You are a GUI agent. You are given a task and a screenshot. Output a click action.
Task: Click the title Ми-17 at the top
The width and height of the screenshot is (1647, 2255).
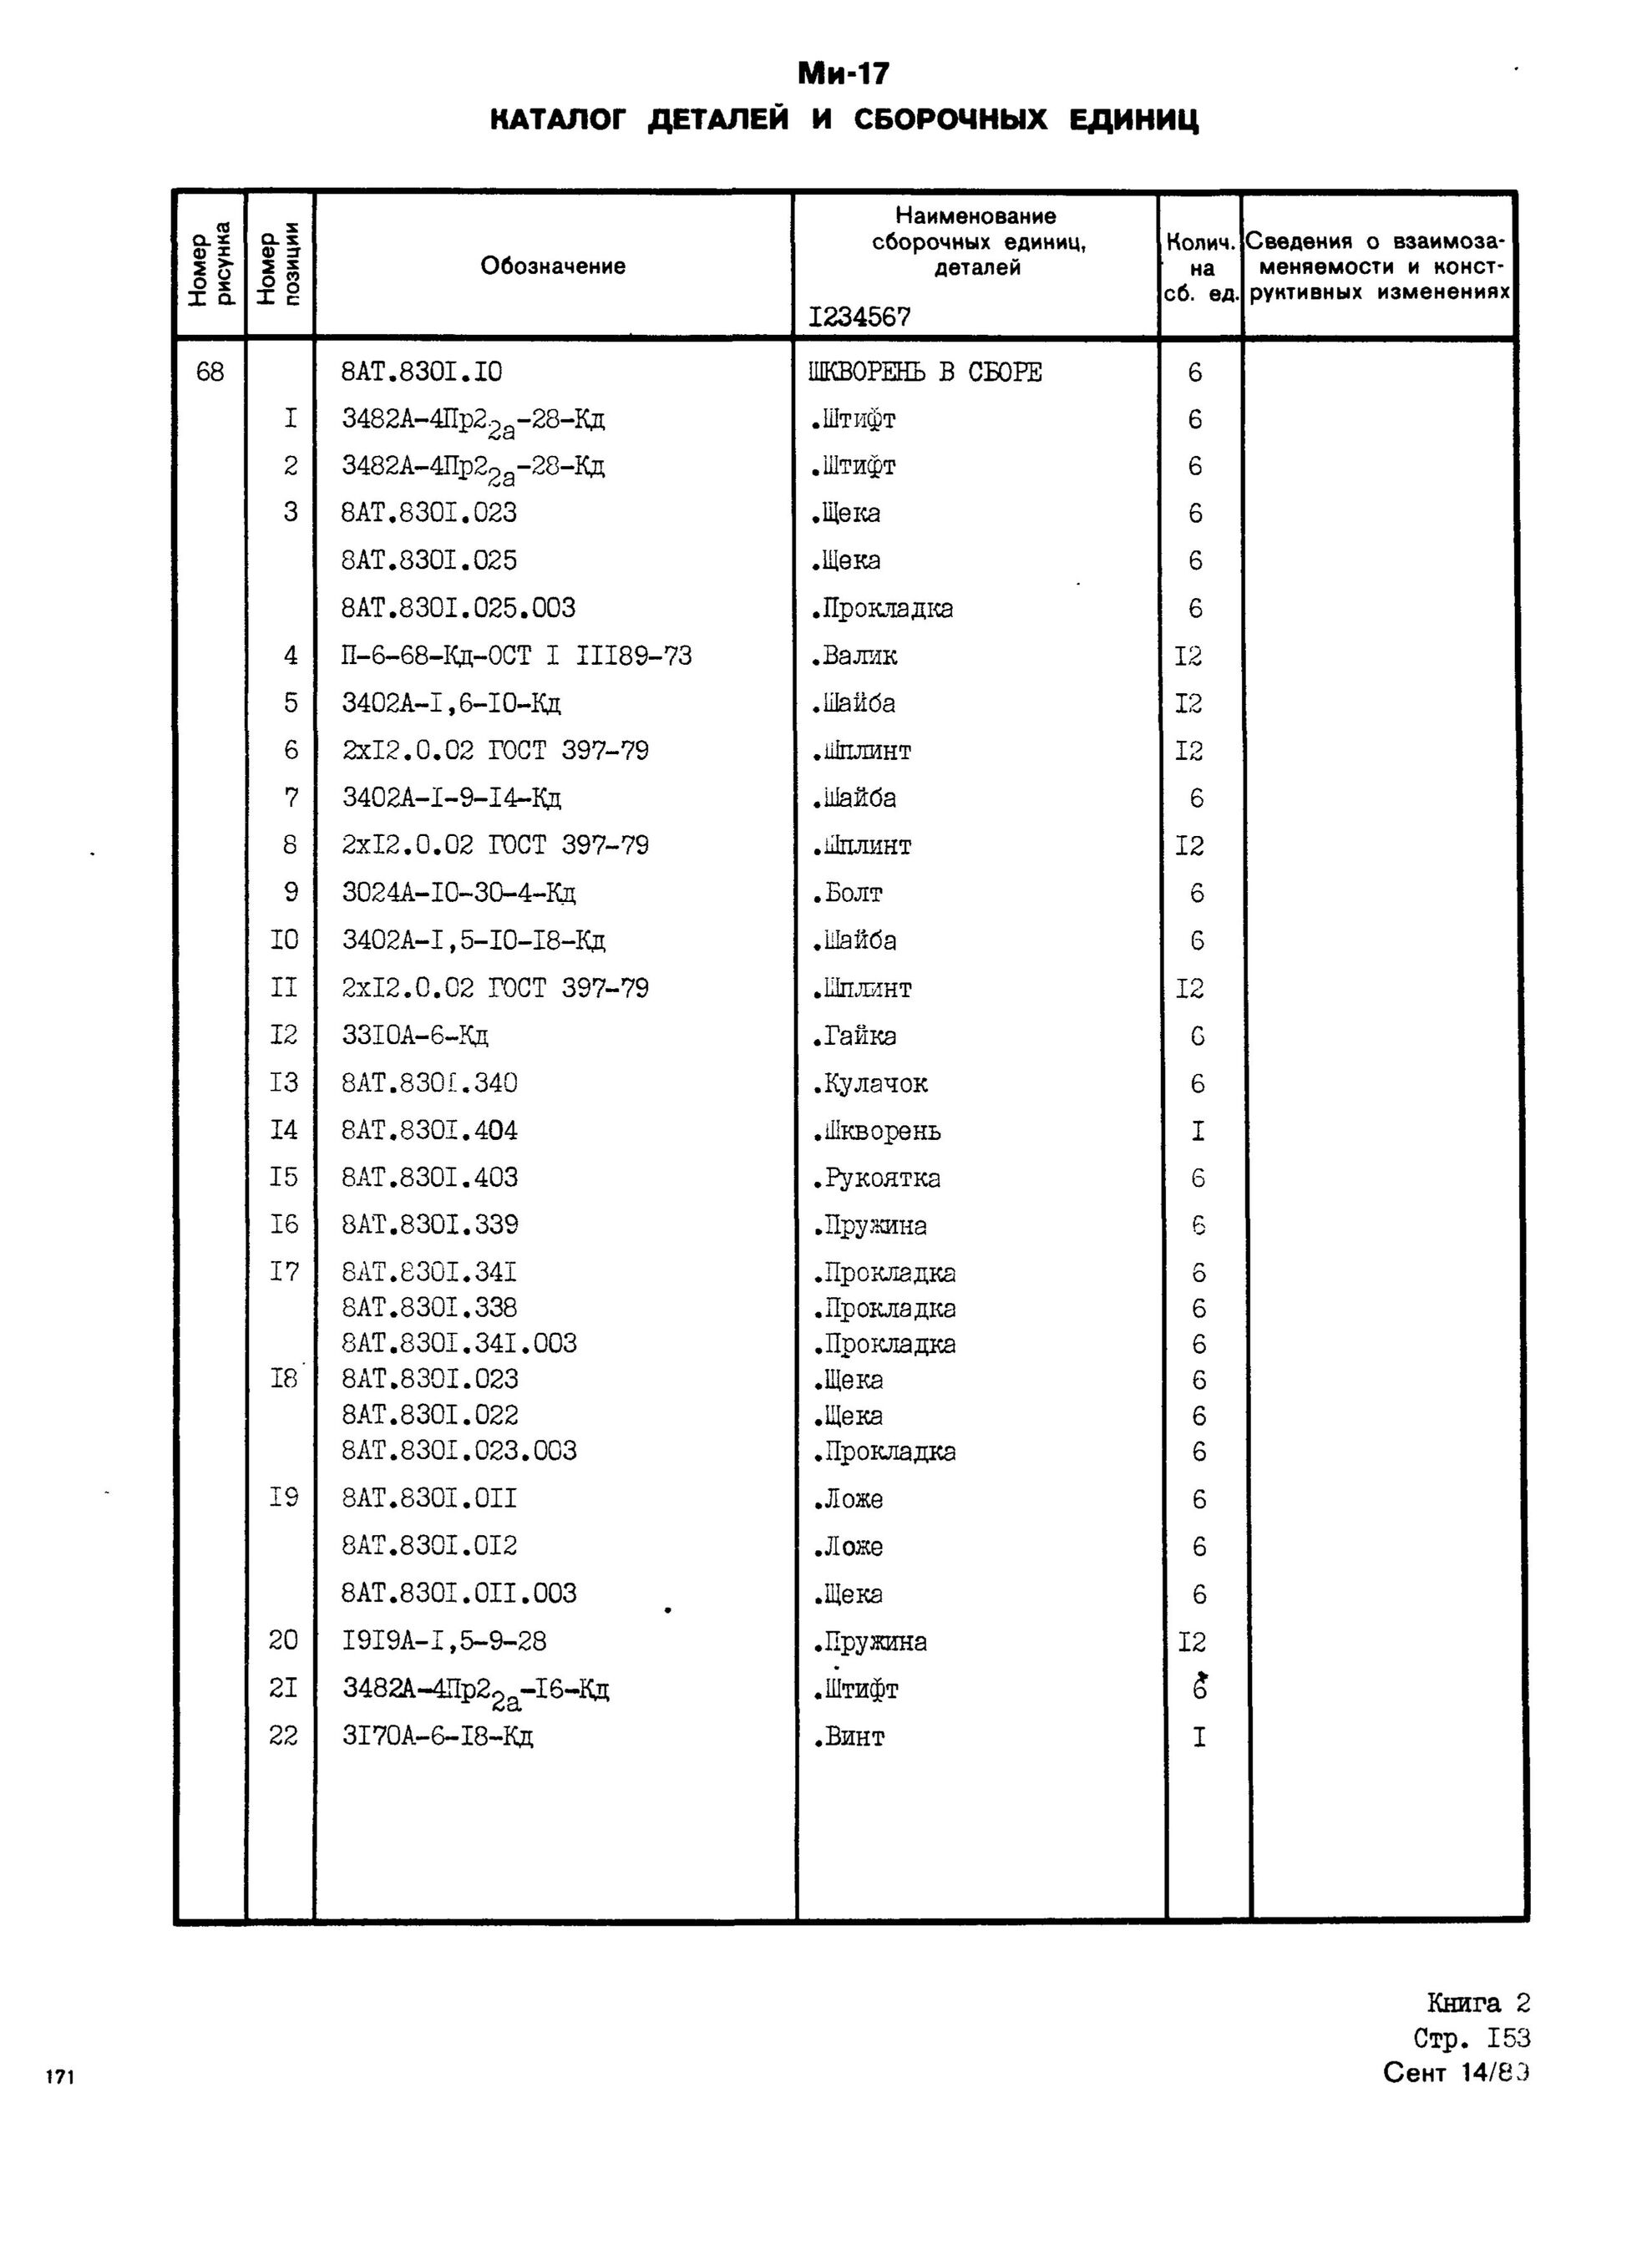pos(843,73)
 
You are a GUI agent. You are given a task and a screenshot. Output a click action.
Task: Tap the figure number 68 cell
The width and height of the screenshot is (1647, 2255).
pos(210,372)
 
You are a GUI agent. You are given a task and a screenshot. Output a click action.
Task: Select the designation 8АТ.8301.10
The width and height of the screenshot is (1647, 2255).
pos(422,372)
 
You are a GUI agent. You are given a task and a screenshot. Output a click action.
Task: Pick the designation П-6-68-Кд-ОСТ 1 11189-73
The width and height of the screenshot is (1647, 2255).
pos(516,656)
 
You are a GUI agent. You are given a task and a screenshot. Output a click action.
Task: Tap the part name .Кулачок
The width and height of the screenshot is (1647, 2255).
pos(869,1083)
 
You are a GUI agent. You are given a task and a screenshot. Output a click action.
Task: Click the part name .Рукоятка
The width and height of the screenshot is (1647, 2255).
pos(875,1178)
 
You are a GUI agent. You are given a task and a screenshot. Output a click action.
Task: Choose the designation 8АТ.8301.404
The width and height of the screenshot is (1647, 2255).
pos(429,1131)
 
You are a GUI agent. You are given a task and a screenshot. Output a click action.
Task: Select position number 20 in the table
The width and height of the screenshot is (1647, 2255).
pos(283,1642)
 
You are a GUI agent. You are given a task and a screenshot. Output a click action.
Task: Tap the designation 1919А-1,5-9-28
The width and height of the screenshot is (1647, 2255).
pos(444,1642)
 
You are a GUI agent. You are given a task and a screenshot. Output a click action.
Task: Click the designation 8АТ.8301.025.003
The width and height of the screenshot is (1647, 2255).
pos(459,608)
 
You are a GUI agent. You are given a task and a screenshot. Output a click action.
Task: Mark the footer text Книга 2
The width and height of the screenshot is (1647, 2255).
pos(1477,2004)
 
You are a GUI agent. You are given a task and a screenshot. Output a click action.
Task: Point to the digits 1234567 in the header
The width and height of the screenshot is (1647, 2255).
pos(859,317)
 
